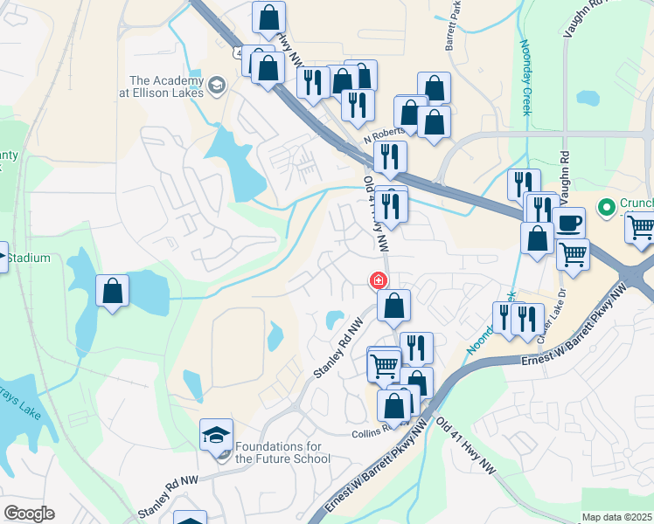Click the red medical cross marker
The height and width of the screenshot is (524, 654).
click(x=379, y=281)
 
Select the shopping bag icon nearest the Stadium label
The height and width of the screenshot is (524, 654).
click(x=113, y=291)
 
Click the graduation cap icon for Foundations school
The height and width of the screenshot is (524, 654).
click(x=216, y=434)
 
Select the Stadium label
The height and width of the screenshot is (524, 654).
click(x=30, y=259)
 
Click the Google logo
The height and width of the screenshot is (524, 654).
click(x=29, y=514)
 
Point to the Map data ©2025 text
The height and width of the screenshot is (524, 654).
click(x=616, y=517)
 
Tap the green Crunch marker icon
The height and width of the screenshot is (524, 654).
click(x=603, y=208)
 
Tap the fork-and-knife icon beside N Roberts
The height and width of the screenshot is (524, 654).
click(x=390, y=158)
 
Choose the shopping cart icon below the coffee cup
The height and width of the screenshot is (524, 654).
click(x=573, y=254)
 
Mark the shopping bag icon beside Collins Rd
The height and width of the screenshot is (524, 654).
click(x=394, y=406)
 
